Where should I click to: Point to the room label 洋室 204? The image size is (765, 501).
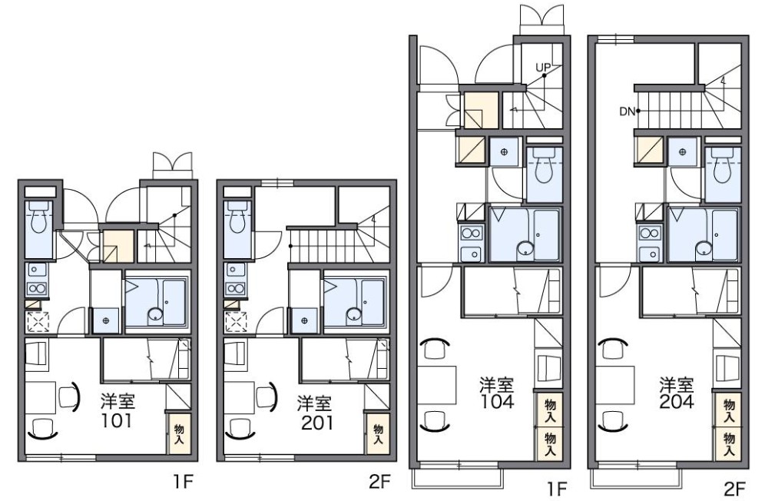click(x=676, y=392)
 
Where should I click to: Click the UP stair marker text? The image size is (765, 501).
click(x=543, y=68)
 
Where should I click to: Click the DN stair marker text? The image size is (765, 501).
click(x=626, y=111)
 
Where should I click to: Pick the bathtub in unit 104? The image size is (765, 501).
click(x=525, y=235)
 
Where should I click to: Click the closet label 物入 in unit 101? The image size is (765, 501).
click(x=178, y=434)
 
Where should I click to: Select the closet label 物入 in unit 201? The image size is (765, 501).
click(x=377, y=435)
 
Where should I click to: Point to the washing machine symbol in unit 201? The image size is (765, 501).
click(x=305, y=320)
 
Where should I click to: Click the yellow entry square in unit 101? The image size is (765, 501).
click(x=118, y=247)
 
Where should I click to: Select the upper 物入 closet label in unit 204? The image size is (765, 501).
click(x=729, y=410)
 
